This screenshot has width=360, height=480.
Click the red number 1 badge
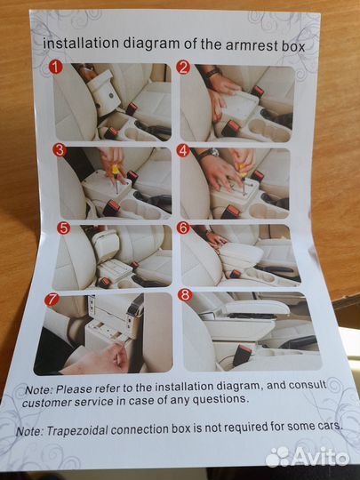(x=56, y=67)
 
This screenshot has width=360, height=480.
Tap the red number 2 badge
(x=183, y=68)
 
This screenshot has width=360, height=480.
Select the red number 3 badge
(x=60, y=150)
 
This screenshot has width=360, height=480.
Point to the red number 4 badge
(x=183, y=150)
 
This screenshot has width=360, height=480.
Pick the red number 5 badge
(x=64, y=228)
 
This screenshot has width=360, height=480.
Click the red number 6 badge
(x=183, y=228)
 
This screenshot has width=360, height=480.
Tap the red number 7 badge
(x=52, y=300)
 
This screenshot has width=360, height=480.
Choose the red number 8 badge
(x=185, y=295)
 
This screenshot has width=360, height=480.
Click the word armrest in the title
(x=252, y=45)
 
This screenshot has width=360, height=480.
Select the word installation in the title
(x=81, y=44)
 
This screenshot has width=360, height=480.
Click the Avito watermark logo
(x=307, y=458)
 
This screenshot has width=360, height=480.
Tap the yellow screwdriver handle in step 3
(x=115, y=170)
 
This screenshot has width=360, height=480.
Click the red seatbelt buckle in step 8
(x=242, y=355)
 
